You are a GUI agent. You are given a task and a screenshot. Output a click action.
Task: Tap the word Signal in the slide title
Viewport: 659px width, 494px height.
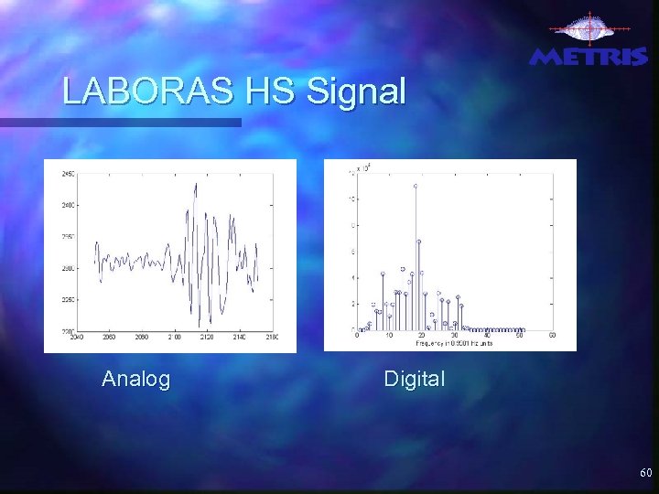click(356, 93)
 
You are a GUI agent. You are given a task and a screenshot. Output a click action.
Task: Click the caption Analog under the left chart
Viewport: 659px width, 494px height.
click(136, 379)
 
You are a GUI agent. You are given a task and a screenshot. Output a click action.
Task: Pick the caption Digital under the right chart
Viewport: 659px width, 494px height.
click(415, 379)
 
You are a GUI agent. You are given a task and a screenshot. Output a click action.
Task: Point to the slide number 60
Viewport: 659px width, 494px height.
click(645, 473)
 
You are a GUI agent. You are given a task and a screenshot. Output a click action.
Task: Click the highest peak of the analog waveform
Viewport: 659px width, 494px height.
click(195, 184)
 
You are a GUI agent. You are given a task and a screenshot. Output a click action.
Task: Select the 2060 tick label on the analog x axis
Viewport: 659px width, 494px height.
click(109, 337)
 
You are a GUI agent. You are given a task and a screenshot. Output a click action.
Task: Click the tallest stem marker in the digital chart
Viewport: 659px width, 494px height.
click(415, 186)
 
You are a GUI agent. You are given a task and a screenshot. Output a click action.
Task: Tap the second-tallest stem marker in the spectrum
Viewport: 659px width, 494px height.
click(419, 242)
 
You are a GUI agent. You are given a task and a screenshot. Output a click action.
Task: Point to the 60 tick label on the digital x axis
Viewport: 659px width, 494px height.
click(552, 336)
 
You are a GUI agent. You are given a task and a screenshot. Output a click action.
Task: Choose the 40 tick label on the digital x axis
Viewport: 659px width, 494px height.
click(487, 336)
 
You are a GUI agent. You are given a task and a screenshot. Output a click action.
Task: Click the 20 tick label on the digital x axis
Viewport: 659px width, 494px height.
click(422, 336)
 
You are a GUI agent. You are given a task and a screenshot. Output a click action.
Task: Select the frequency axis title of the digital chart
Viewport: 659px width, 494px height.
click(454, 343)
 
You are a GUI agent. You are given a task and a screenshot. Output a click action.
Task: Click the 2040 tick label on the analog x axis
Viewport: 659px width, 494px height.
click(77, 337)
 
